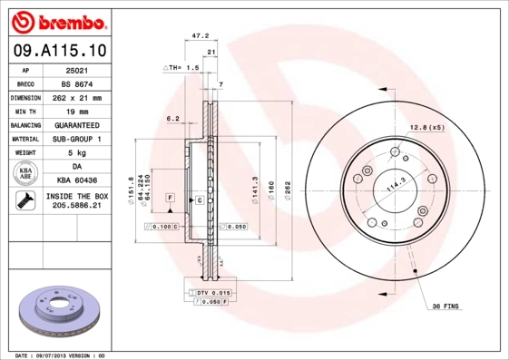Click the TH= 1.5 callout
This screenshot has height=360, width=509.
point(181,67)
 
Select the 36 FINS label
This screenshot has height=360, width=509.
point(445,306)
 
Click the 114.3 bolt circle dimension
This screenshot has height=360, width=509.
point(396,189)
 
